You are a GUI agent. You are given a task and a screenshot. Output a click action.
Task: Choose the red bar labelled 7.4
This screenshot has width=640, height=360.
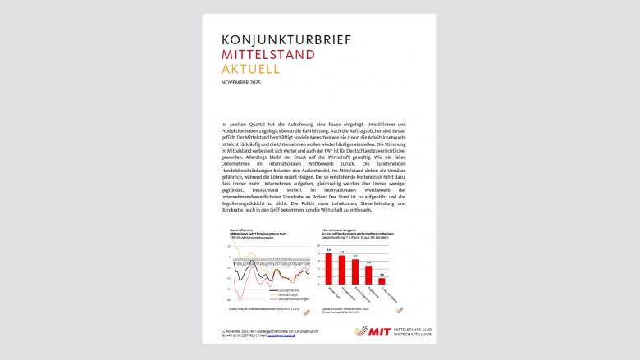pyautogui.click(x=368, y=274)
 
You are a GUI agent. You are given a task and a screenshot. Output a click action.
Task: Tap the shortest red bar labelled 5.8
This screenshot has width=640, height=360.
pyautogui.click(x=382, y=280)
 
